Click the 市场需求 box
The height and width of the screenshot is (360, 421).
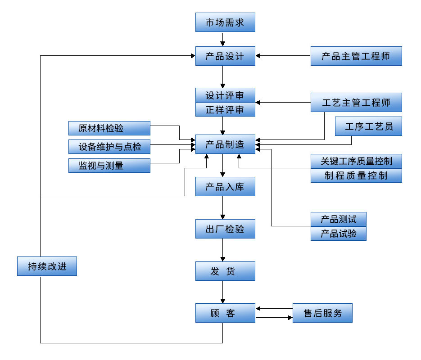pyautogui.click(x=225, y=22)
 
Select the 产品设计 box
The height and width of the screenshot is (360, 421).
pyautogui.click(x=225, y=56)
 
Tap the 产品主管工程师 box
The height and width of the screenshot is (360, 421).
pyautogui.click(x=356, y=56)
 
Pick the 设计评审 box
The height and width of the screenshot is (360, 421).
pyautogui.click(x=225, y=95)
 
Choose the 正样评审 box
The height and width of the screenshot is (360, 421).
pyautogui.click(x=225, y=109)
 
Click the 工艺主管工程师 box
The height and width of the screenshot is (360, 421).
pyautogui.click(x=356, y=103)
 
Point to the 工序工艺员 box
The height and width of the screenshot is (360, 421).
pyautogui.click(x=368, y=126)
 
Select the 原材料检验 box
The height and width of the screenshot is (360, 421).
pyautogui.click(x=109, y=128)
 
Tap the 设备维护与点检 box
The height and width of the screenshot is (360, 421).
pyautogui.click(x=109, y=147)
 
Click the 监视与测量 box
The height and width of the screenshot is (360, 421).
pyautogui.click(x=109, y=165)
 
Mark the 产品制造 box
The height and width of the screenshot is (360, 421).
pyautogui.click(x=225, y=144)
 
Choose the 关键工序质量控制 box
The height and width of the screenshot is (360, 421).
pyautogui.click(x=356, y=161)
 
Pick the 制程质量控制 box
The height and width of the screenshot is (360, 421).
pyautogui.click(x=356, y=175)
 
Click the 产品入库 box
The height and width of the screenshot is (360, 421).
pyautogui.click(x=225, y=186)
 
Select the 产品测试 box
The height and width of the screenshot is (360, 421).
pyautogui.click(x=339, y=219)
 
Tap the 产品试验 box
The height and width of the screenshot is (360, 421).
pyautogui.click(x=339, y=234)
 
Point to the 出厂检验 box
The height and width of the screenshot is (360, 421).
pyautogui.click(x=225, y=229)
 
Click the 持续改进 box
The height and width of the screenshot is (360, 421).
pyautogui.click(x=47, y=266)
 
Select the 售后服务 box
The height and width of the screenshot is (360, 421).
pyautogui.click(x=322, y=313)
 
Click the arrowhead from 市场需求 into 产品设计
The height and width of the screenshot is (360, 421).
pyautogui.click(x=223, y=44)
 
